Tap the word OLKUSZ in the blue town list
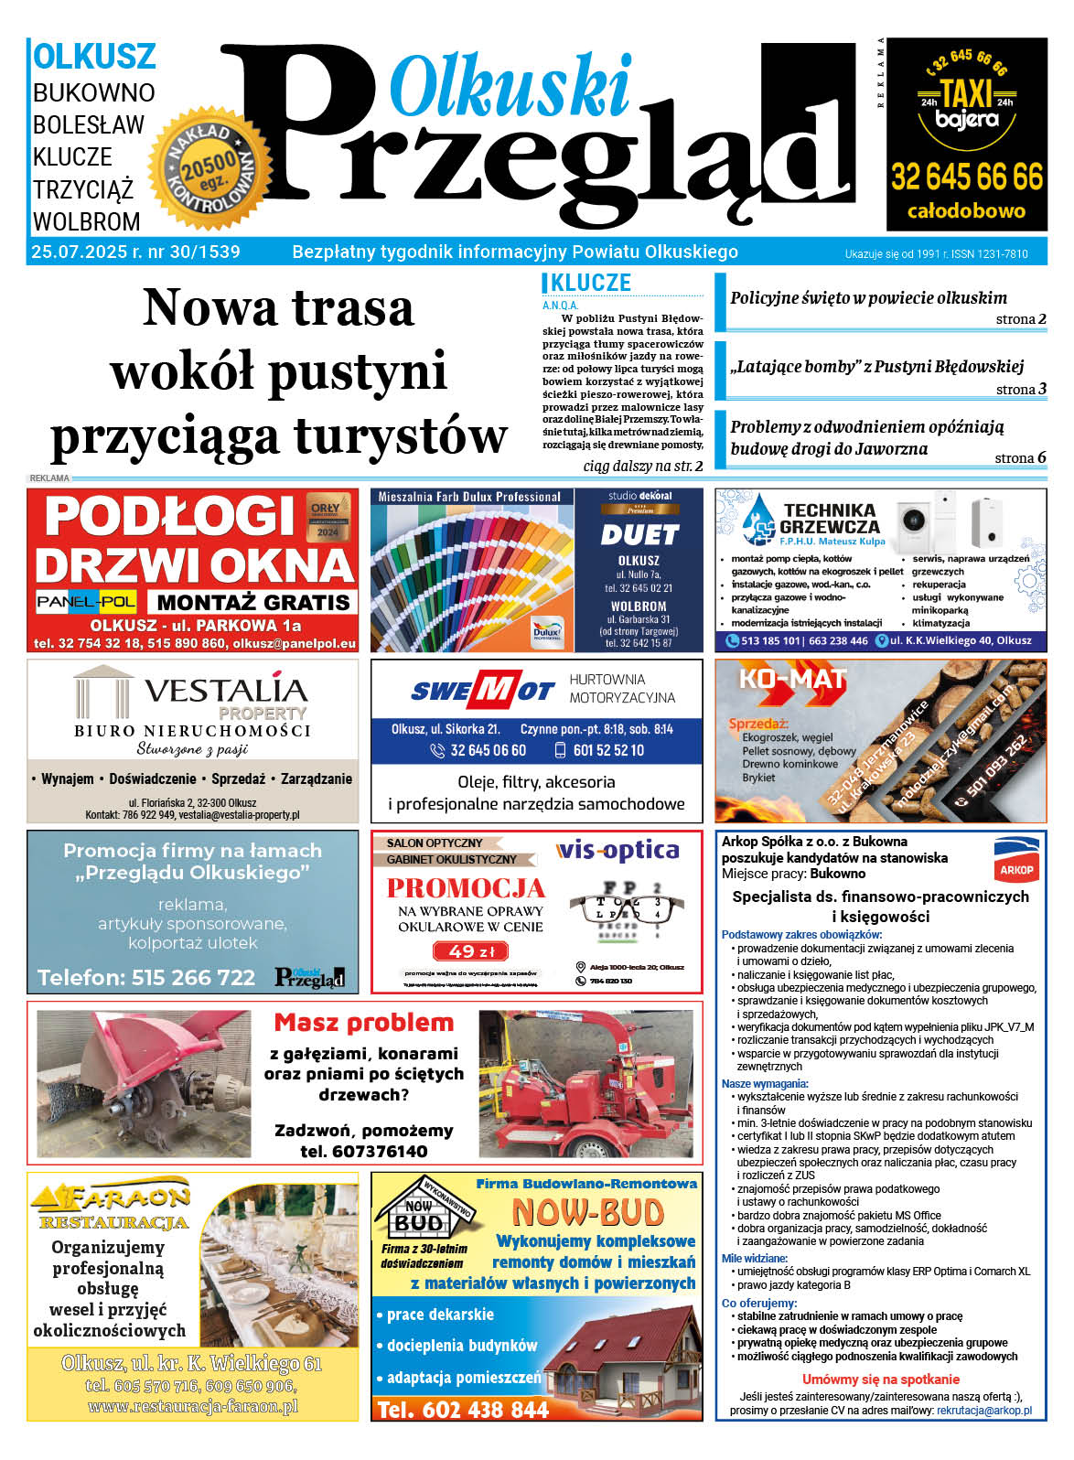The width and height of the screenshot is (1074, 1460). tap(94, 57)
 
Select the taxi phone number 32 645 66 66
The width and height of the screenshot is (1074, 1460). tap(966, 177)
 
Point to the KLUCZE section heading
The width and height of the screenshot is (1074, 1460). tap(590, 284)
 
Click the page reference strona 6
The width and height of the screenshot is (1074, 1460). tap(1020, 457)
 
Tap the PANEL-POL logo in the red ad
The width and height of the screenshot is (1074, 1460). tap(87, 601)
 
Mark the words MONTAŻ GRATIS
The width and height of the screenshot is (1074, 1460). tap(253, 602)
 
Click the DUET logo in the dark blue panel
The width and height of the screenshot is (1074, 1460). tap(639, 534)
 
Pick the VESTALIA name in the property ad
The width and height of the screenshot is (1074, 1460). tap(225, 690)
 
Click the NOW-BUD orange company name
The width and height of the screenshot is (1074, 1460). tap(587, 1213)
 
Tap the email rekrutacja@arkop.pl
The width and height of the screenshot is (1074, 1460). tap(983, 1411)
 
